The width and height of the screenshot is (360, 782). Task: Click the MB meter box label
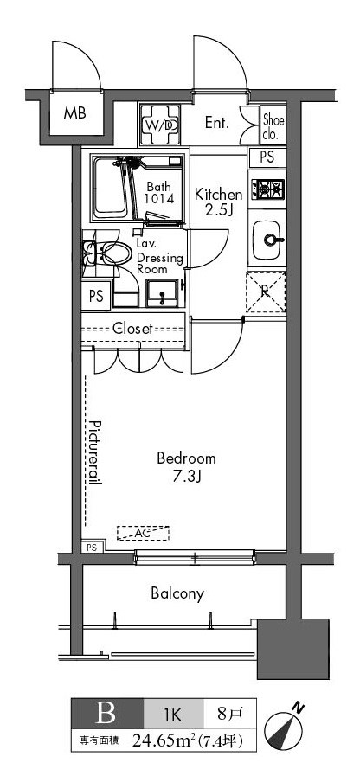click(74, 112)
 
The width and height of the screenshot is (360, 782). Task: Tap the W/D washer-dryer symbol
click(160, 125)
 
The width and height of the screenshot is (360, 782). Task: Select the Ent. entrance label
click(217, 123)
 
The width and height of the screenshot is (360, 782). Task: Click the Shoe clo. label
click(273, 126)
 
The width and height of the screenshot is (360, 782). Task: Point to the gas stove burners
click(267, 189)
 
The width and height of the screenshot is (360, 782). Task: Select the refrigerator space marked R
click(266, 292)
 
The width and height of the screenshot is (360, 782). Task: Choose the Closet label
click(132, 329)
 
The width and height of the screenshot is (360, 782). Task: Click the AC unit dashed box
click(143, 533)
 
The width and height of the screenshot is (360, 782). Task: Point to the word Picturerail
click(96, 452)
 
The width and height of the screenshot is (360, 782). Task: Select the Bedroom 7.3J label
click(186, 467)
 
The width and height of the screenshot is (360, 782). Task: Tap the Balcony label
click(177, 593)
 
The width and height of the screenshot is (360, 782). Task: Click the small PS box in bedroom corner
click(93, 547)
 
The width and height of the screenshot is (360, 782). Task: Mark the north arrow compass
click(283, 724)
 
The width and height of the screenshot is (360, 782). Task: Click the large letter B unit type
click(106, 714)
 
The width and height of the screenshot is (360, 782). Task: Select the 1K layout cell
click(174, 715)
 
